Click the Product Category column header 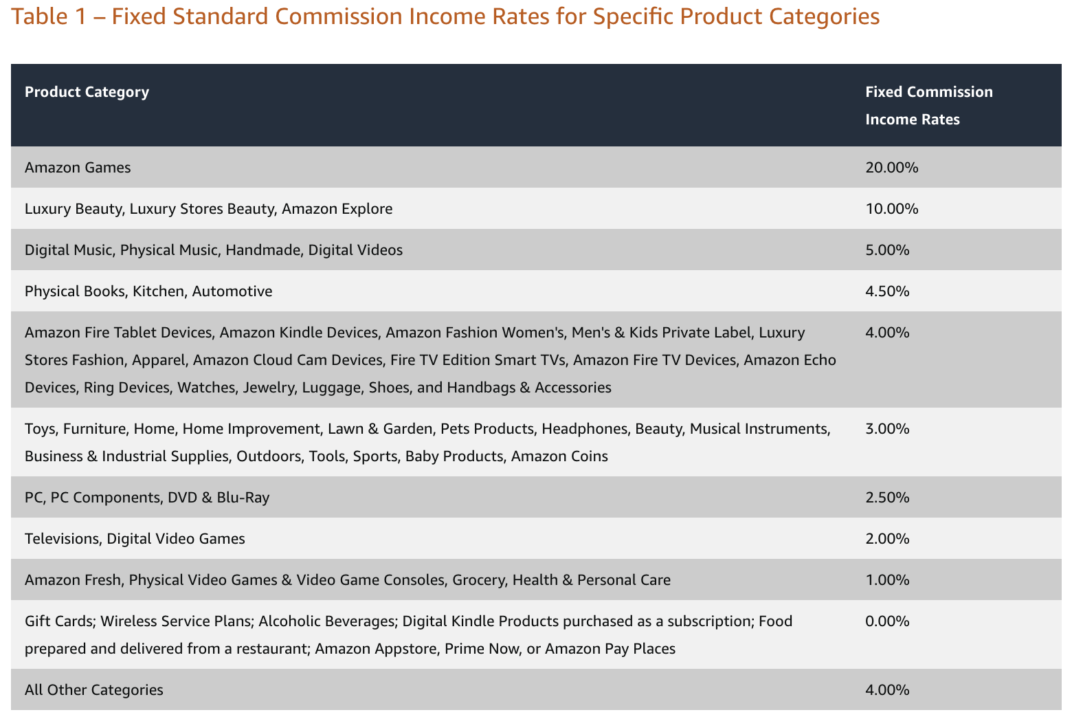[x=87, y=92]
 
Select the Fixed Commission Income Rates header [x=928, y=105]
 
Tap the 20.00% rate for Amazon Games [x=891, y=168]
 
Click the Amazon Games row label [x=78, y=168]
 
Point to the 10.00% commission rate [x=891, y=209]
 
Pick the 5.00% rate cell [x=887, y=250]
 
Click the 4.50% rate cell [x=887, y=291]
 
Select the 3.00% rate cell [x=887, y=429]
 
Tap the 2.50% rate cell [x=887, y=498]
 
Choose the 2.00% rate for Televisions [x=887, y=539]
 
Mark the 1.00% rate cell [x=887, y=580]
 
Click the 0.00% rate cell [x=887, y=621]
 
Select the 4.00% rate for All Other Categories [x=887, y=690]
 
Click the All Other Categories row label [x=94, y=690]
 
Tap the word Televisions [x=63, y=539]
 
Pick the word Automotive [x=232, y=291]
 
